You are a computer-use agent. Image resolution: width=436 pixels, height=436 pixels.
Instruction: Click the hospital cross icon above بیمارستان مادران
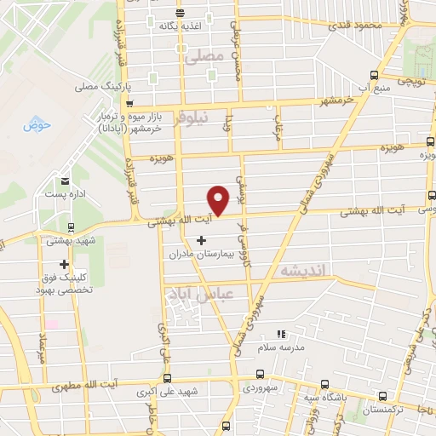coord(200,240)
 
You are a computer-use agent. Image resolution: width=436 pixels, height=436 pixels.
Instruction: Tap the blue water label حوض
coord(37,124)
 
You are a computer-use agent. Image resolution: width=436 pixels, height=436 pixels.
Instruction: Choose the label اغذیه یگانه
coord(177,26)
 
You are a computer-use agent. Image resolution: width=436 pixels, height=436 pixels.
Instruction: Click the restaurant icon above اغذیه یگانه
coord(179,12)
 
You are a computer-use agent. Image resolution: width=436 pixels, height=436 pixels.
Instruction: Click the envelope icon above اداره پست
coord(66,181)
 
